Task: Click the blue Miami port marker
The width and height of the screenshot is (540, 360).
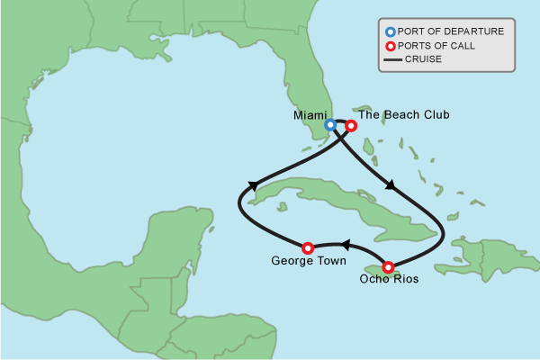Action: (x=330, y=125)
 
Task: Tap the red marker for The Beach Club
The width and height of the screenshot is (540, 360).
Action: (x=351, y=126)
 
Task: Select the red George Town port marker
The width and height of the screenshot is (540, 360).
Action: (x=307, y=247)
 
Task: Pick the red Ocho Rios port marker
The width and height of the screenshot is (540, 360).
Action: (x=388, y=266)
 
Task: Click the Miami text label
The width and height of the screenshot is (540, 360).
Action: (x=309, y=116)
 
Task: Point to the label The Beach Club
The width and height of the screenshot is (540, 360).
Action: (x=403, y=114)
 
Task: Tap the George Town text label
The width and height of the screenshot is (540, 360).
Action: (x=305, y=262)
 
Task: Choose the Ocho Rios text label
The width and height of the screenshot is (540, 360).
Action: (x=388, y=280)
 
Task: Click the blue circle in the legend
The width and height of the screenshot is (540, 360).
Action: (x=389, y=31)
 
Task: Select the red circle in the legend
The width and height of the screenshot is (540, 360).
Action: (x=389, y=46)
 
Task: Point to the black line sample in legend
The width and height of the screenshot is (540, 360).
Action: (x=390, y=60)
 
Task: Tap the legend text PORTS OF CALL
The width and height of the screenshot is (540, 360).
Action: (x=436, y=46)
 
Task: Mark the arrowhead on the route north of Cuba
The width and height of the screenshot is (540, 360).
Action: (x=390, y=185)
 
